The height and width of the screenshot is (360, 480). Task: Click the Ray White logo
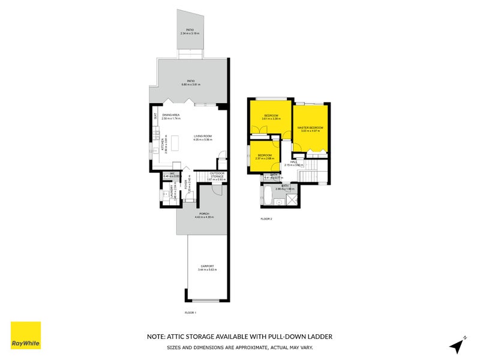pyautogui.click(x=26, y=335)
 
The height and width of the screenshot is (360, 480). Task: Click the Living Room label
pyautogui.click(x=203, y=136)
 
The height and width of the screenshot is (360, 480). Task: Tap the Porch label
pyautogui.click(x=204, y=213)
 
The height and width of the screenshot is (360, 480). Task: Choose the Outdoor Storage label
pyautogui.click(x=217, y=175)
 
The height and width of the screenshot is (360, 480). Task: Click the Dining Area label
pyautogui.click(x=171, y=115)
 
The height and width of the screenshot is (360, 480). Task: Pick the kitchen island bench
pyautogui.click(x=175, y=143)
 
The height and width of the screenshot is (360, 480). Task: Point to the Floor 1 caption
pyautogui.click(x=190, y=313)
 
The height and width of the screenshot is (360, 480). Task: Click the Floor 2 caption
pyautogui.click(x=266, y=219)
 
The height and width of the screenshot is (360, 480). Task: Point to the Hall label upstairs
pyautogui.click(x=295, y=161)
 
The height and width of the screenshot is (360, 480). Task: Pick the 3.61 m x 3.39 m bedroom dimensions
pyautogui.click(x=271, y=119)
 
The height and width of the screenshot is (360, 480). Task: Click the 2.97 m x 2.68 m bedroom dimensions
pyautogui.click(x=265, y=159)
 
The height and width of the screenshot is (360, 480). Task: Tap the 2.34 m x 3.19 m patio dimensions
pyautogui.click(x=190, y=33)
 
